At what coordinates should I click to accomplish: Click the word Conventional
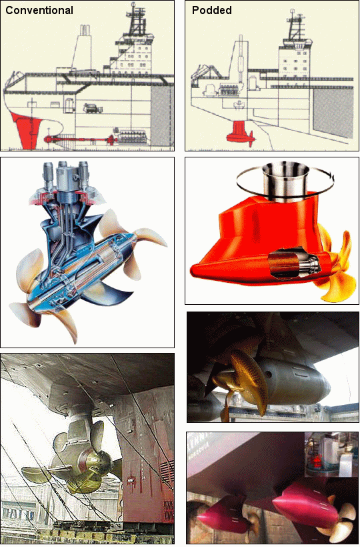(39, 11)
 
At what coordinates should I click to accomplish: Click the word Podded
(212, 11)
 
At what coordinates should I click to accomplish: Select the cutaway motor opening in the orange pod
(294, 263)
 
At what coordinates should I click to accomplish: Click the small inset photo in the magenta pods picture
(331, 454)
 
